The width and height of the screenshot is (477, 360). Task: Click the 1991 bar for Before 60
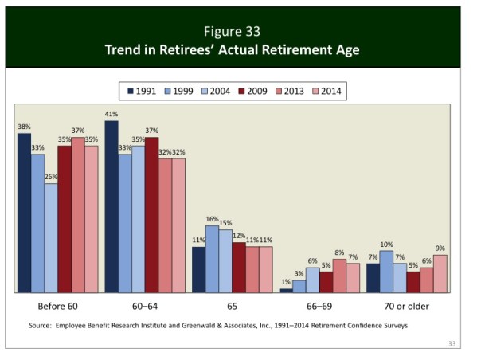[x=24, y=213]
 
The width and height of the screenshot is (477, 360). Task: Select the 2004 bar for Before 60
[x=51, y=238]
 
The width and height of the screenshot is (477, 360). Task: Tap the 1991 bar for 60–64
[x=111, y=206]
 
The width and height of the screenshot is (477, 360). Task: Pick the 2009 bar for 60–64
[x=151, y=215]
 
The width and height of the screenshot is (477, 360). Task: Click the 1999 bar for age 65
[x=212, y=259]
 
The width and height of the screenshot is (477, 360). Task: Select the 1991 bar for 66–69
[x=286, y=291]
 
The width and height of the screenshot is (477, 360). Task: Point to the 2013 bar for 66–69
[x=339, y=276]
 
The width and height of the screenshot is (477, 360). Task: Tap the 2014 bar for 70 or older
[x=440, y=273]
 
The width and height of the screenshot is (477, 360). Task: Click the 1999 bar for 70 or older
[x=386, y=272]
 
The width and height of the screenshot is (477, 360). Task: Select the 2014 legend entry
[x=326, y=91]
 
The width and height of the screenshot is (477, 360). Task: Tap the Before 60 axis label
[x=58, y=306]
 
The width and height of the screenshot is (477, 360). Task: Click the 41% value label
[x=111, y=115]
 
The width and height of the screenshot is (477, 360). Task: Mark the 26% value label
[x=52, y=177]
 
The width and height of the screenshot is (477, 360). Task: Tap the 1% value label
[x=285, y=282]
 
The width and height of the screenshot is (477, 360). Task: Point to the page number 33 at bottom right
[x=452, y=343]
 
